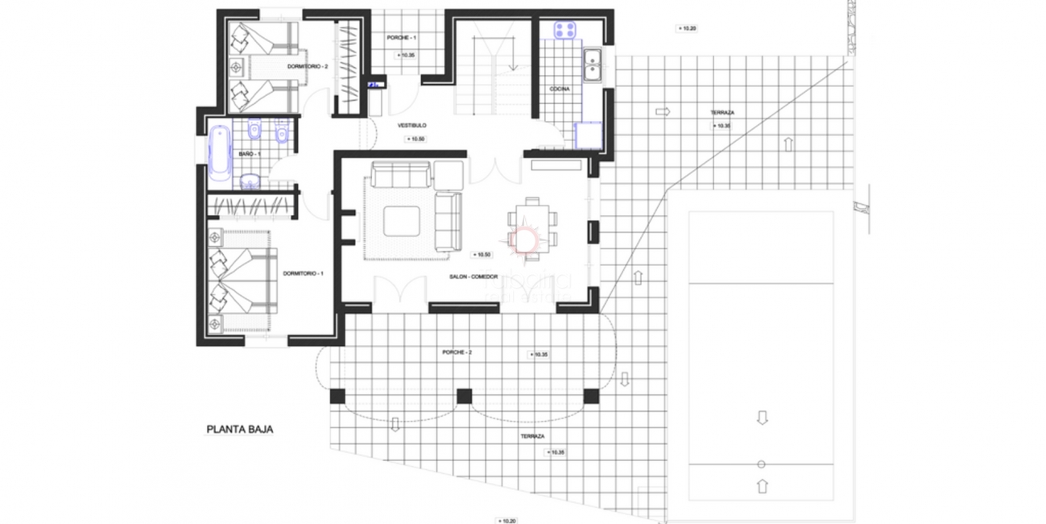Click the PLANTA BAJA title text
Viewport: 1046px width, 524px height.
coord(240,430)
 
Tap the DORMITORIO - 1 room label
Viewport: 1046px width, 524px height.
coord(303,274)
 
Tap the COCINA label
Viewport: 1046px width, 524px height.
coord(560,89)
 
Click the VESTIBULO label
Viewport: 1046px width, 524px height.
coord(411,126)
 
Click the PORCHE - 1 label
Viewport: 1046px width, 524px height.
coord(401,38)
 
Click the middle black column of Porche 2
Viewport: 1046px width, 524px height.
coord(463,396)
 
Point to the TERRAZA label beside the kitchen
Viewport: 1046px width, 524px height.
coord(721,113)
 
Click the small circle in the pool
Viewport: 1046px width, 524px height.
coord(762,464)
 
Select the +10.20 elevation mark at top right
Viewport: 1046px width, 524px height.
coord(685,28)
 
